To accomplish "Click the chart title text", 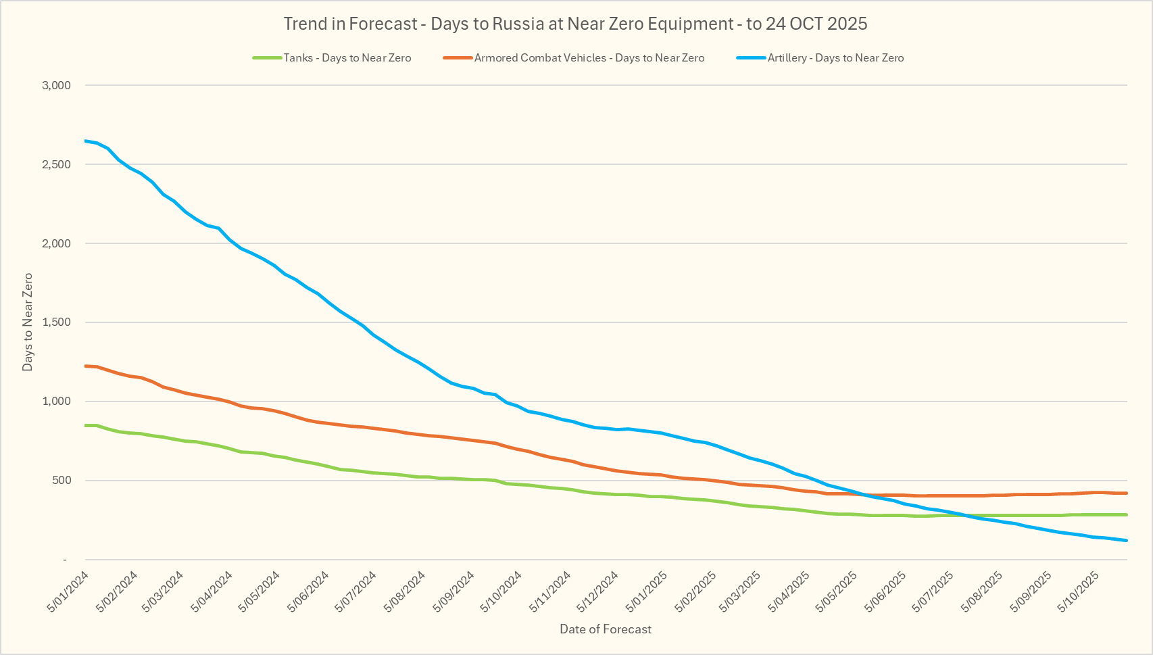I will [575, 24].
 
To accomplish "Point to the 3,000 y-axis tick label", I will [56, 85].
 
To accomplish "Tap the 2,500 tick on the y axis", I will [56, 164].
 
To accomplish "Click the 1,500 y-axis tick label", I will [56, 322].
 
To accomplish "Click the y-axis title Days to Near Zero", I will [28, 322].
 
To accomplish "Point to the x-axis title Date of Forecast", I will [606, 629].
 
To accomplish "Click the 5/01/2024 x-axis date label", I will [68, 591].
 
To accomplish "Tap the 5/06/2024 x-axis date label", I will [308, 591].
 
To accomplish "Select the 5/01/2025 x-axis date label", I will [647, 591].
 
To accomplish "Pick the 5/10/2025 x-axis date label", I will [1079, 591].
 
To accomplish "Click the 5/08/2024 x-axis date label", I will [404, 591].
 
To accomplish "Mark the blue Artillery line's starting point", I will [86, 141].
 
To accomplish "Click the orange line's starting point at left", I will [86, 366].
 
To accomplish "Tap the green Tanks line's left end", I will [86, 425].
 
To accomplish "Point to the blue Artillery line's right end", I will [1126, 540].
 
